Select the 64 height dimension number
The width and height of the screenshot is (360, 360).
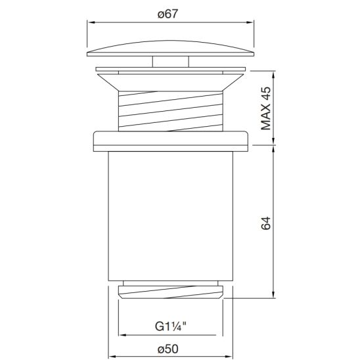coord(266,222)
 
